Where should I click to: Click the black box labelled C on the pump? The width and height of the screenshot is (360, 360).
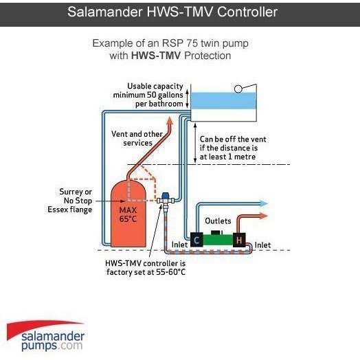click(196, 240)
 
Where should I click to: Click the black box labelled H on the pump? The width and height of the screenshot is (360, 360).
click(239, 240)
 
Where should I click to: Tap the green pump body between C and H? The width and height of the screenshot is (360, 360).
click(218, 240)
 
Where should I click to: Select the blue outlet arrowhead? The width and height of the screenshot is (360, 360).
click(263, 203)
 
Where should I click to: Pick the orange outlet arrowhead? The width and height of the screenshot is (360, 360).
click(263, 216)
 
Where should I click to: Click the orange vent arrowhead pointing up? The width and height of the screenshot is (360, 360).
click(170, 121)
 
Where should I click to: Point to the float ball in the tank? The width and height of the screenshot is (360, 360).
click(238, 89)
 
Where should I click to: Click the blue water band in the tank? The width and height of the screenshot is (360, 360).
click(223, 100)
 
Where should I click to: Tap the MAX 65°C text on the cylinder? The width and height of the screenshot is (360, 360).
click(128, 214)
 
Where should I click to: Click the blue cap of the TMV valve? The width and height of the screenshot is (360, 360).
click(165, 196)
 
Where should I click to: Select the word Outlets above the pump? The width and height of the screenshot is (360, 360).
click(218, 221)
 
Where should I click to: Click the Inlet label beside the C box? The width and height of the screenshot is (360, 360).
click(179, 245)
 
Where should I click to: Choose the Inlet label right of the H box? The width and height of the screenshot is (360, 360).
click(262, 245)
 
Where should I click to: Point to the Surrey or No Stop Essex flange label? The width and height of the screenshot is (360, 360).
click(70, 201)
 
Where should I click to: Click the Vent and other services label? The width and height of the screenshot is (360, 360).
click(137, 139)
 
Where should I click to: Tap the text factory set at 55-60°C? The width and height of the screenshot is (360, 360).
click(146, 272)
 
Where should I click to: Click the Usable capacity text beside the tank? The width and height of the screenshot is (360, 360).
click(155, 87)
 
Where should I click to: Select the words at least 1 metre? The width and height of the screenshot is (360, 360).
click(227, 157)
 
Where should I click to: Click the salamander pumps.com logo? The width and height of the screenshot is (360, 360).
click(46, 336)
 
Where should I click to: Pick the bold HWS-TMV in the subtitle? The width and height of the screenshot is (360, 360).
click(156, 56)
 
